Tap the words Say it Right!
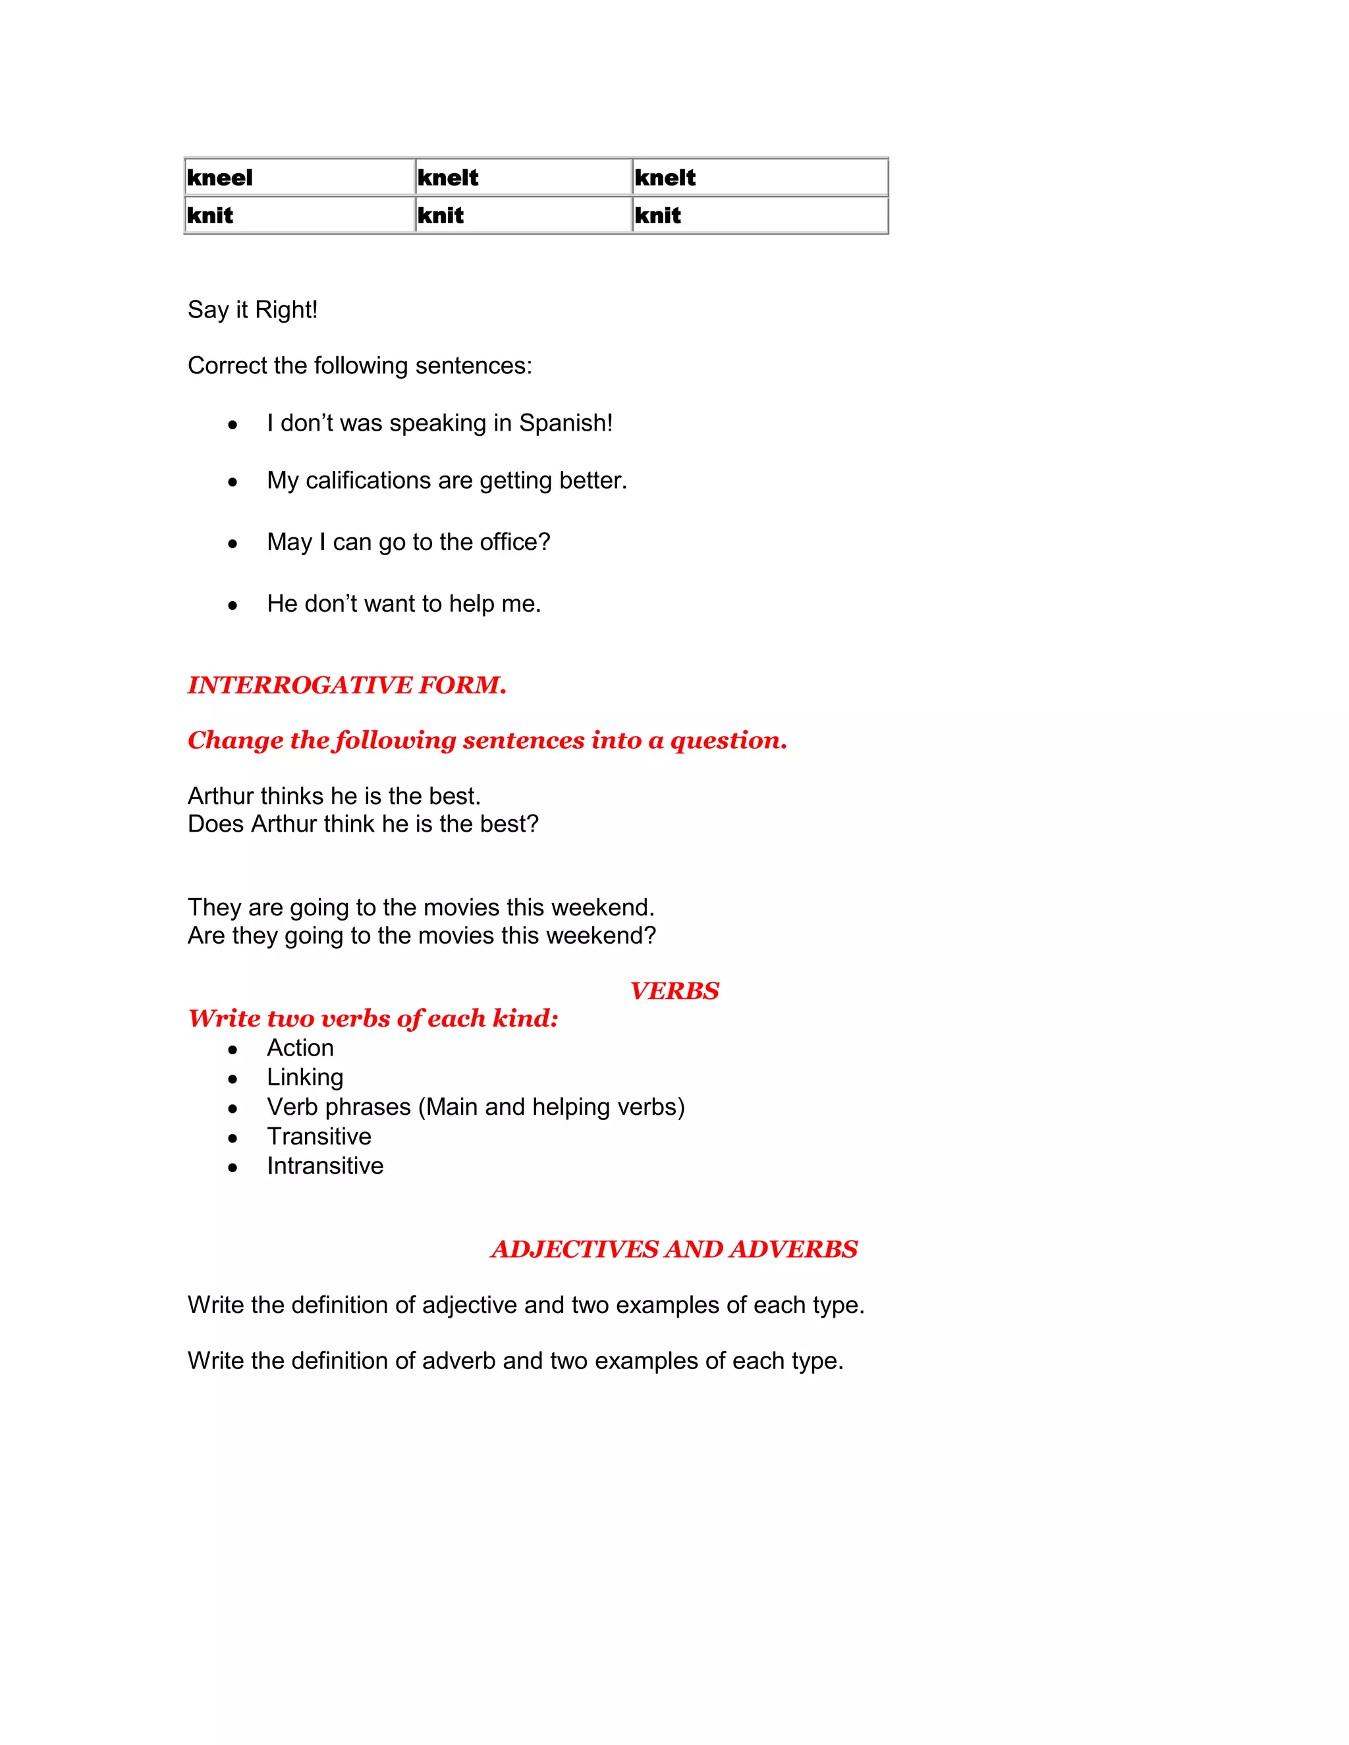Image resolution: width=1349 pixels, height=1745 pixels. coord(252,310)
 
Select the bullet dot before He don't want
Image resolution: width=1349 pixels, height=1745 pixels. coord(233,606)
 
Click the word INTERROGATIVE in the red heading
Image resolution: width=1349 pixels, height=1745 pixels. coord(300,685)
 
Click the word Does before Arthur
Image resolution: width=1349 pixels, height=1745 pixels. coord(216,824)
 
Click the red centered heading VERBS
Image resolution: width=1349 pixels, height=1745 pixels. coord(674,991)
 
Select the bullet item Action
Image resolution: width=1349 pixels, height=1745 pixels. coord(300,1048)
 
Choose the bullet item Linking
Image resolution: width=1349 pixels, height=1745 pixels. coord(304,1077)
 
